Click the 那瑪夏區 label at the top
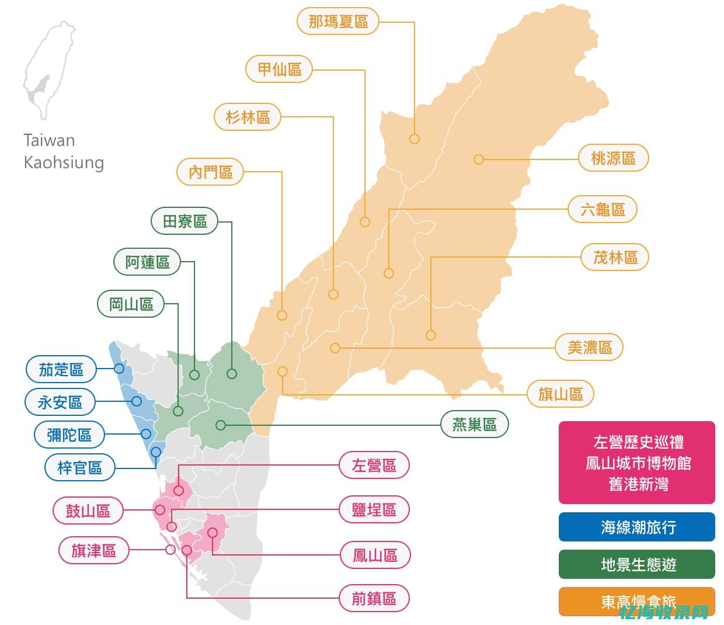click(338, 22)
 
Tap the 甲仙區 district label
click(279, 70)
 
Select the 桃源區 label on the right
click(613, 158)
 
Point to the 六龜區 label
click(603, 209)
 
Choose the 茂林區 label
click(615, 257)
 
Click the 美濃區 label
click(590, 348)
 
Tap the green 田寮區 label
click(185, 221)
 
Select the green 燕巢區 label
click(474, 425)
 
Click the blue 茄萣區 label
click(61, 369)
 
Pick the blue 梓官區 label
click(79, 467)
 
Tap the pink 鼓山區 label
click(88, 511)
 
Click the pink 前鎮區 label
click(374, 598)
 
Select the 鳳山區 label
click(375, 555)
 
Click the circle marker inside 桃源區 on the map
click(479, 159)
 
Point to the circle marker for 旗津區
click(170, 550)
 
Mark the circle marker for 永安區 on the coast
click(137, 401)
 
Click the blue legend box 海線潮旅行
click(637, 527)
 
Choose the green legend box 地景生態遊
click(637, 564)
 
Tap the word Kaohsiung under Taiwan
click(64, 162)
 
